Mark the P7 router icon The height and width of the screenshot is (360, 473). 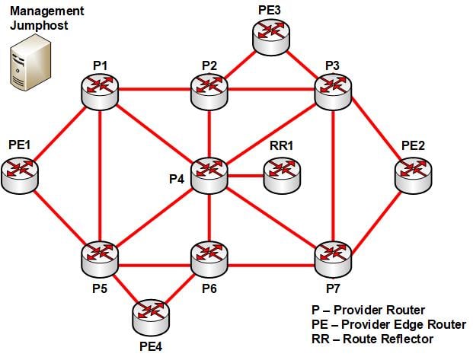tap(333, 258)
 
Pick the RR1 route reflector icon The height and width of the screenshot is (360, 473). tap(282, 176)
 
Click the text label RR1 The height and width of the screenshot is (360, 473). tap(283, 145)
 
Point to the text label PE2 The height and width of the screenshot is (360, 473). tap(413, 145)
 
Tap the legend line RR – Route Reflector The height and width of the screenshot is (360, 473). tap(372, 338)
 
